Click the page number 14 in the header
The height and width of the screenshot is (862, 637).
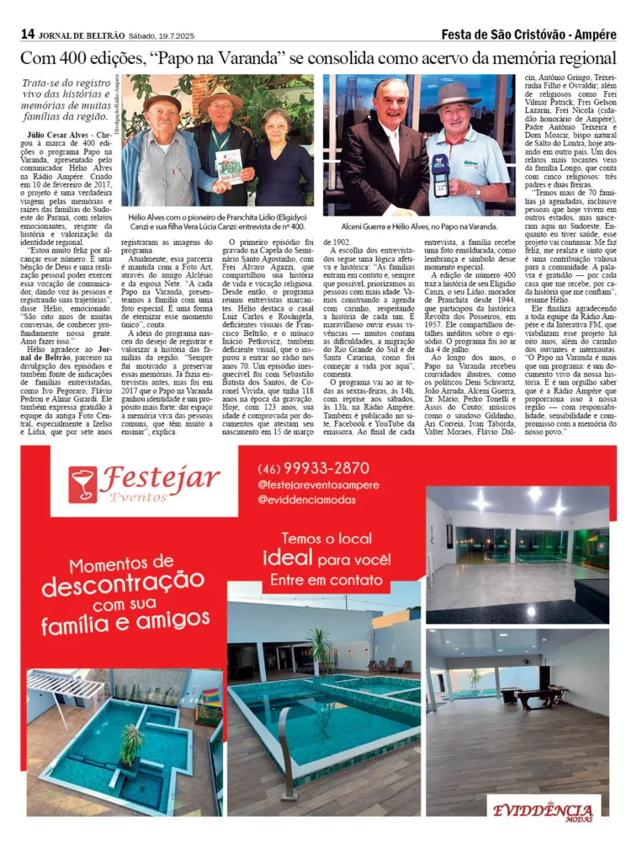coord(28,35)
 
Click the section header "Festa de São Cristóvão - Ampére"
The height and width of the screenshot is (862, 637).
coord(528,35)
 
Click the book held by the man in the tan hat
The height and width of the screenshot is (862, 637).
coord(228,167)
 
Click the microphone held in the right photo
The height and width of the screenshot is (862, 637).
coord(439,175)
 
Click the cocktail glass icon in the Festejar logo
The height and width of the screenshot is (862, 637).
coord(82,484)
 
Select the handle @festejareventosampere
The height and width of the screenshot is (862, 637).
coord(318,485)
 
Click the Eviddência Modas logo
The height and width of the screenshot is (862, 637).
coord(543,811)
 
